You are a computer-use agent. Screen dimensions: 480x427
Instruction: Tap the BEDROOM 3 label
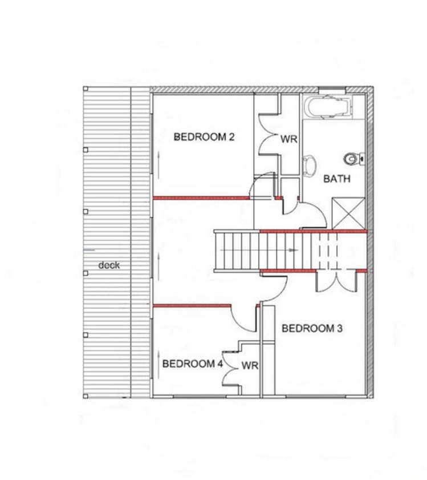[x=312, y=328]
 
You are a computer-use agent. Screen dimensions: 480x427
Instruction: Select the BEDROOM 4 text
[x=192, y=364]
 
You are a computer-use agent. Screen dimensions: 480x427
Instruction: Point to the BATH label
[x=337, y=179]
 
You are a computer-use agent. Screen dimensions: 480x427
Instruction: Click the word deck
[x=109, y=265]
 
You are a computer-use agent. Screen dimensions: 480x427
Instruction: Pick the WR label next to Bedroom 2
[x=288, y=138]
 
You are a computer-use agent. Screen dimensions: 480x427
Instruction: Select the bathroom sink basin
[x=310, y=164]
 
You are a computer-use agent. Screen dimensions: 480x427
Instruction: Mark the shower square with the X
[x=348, y=212]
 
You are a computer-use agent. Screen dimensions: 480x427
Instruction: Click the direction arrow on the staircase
[x=292, y=250]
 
